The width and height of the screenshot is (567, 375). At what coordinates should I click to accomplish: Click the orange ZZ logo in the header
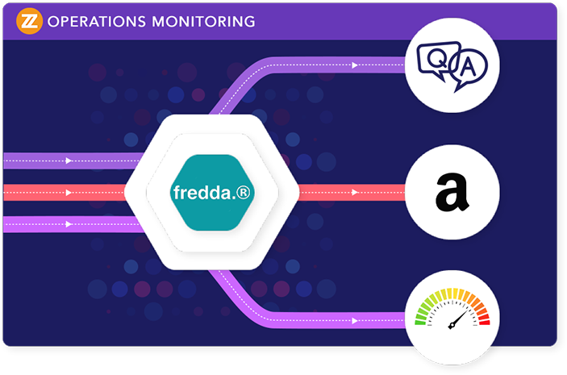pos(29,19)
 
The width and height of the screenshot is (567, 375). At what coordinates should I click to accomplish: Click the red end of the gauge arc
pos(484,319)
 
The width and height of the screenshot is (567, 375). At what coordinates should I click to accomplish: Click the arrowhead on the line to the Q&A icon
pos(355,65)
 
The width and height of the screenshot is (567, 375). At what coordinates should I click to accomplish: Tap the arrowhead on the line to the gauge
pos(355,321)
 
